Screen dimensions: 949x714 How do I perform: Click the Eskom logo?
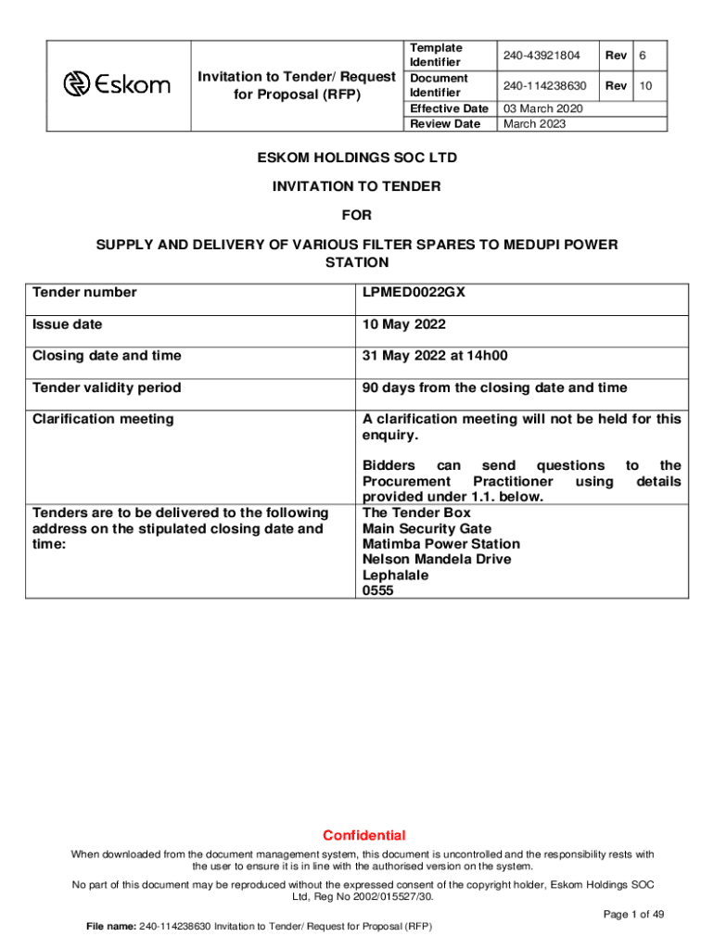[x=117, y=85]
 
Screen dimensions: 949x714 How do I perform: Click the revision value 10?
[x=647, y=86]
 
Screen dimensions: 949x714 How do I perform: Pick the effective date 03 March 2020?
[x=543, y=108]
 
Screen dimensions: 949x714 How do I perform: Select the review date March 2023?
[x=534, y=123]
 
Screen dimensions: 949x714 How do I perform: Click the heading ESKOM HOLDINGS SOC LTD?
[x=356, y=158]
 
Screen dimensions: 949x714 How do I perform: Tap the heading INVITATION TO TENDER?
[x=356, y=186]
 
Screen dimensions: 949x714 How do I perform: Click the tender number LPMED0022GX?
[x=414, y=293]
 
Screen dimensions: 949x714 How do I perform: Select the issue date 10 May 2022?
[x=403, y=324]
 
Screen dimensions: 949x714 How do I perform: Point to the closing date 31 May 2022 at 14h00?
[x=435, y=356]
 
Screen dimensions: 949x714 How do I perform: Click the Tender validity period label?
[x=107, y=387]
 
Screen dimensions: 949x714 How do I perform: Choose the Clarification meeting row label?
[x=103, y=419]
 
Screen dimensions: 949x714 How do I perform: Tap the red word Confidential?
[x=364, y=835]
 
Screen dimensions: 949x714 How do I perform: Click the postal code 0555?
[x=378, y=590]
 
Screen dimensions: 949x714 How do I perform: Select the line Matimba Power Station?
[x=440, y=544]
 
